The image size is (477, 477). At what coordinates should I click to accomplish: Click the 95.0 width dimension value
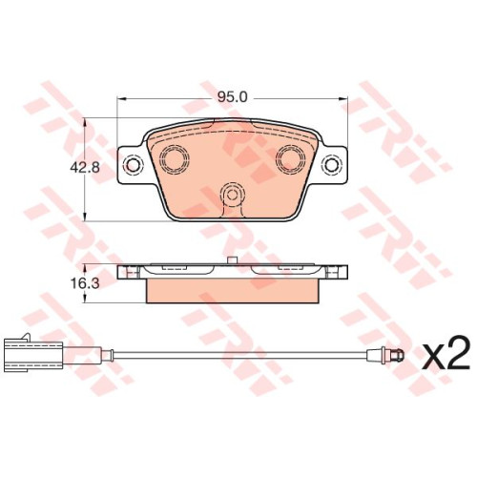tap(233, 97)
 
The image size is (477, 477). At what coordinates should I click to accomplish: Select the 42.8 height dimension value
tap(85, 167)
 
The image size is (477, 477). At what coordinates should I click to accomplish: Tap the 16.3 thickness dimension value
tap(85, 283)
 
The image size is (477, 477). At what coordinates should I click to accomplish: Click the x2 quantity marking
tap(446, 357)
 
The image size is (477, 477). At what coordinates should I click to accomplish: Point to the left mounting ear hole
tap(133, 164)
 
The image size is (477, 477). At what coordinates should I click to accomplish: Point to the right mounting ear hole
tap(332, 165)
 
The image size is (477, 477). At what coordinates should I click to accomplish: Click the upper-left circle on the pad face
tap(175, 158)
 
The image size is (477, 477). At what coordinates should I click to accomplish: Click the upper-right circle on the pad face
tap(290, 158)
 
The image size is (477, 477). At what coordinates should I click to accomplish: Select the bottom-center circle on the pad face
tap(233, 194)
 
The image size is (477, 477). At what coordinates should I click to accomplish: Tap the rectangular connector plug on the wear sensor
tap(33, 356)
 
